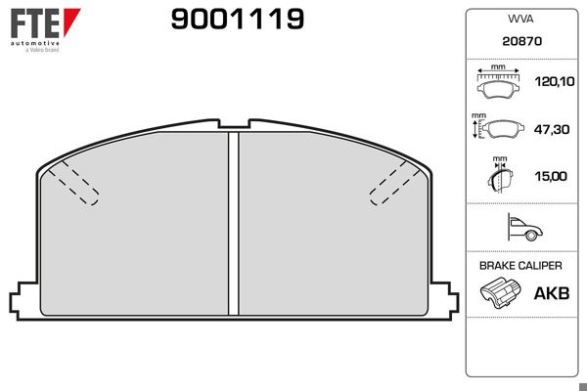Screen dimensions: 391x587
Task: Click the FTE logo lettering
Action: tap(31, 22)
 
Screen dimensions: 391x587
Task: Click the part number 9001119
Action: tap(238, 19)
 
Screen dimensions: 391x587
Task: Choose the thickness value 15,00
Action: tap(552, 176)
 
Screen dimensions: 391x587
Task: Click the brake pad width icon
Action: tap(498, 84)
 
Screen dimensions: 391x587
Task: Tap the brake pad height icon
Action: tap(498, 128)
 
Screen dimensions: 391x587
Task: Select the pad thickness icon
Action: tap(500, 175)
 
